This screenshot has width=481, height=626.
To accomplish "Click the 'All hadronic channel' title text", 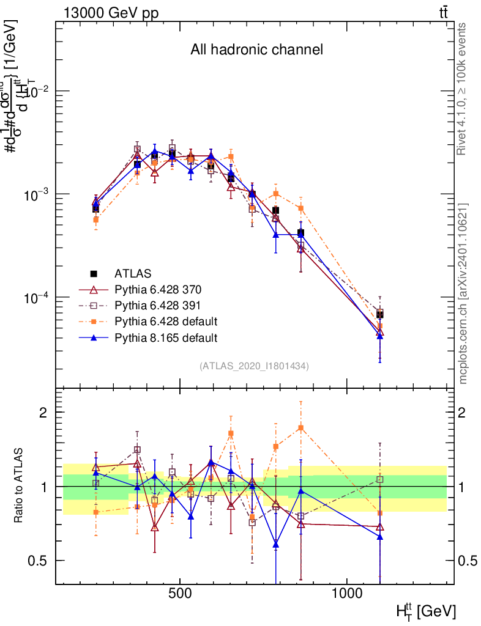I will tap(256, 50).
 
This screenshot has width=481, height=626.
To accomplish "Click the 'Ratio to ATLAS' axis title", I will tap(20, 486).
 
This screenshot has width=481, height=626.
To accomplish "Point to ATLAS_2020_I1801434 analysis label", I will tap(254, 366).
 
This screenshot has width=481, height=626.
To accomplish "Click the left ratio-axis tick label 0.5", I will tap(38, 561).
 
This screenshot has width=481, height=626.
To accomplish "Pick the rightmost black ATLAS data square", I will tap(380, 314).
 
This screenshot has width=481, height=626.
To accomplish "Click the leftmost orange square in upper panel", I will tap(95, 219).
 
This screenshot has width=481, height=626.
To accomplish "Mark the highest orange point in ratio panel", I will tap(300, 428).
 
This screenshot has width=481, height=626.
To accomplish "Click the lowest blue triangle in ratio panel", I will tap(276, 544).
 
